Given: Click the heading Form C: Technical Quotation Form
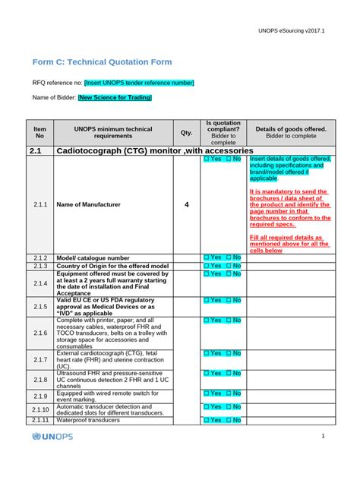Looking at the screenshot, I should tap(102, 62).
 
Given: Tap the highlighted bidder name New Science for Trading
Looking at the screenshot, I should tap(115, 97).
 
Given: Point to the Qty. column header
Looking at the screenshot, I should tap(186, 133).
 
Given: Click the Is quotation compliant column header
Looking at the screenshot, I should tap(223, 132).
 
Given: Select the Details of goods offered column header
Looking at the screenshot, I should tap(291, 133).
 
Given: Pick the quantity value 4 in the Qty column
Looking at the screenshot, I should tap(186, 205).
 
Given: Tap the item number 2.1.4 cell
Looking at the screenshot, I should tap(40, 283).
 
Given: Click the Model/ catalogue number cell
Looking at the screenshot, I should tap(93, 258).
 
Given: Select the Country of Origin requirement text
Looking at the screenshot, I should tap(112, 267).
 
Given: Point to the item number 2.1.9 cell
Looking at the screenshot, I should tap(40, 396).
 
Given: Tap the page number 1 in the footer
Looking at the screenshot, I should tap(323, 436).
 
